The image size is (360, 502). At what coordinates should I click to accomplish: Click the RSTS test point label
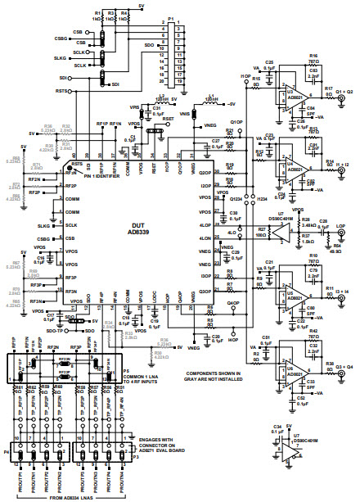pos(61,92)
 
